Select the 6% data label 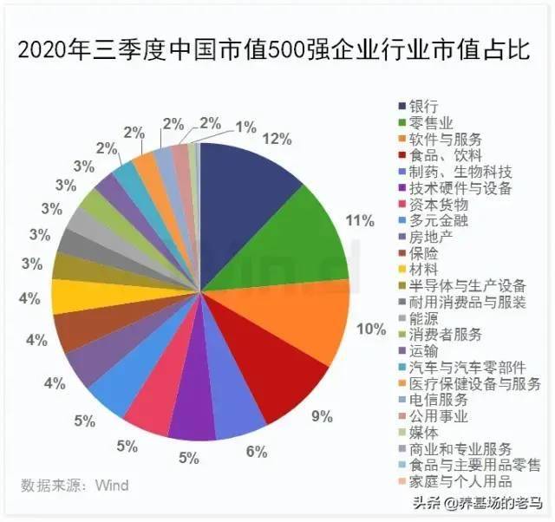(x=256, y=451)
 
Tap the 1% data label (x=245, y=127)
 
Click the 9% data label (x=322, y=416)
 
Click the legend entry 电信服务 (x=437, y=400)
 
